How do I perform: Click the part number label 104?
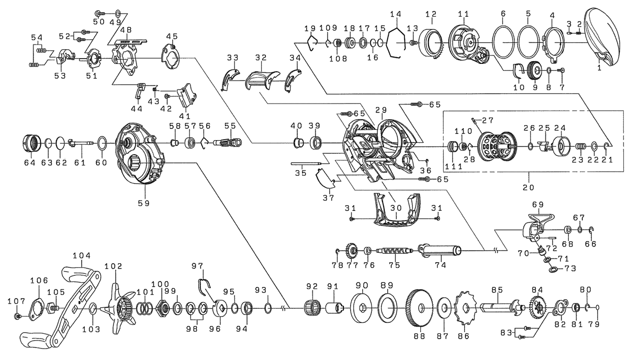pos(82,256)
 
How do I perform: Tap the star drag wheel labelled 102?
pos(119,309)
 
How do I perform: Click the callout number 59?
pos(144,203)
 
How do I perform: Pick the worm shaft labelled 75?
pos(395,251)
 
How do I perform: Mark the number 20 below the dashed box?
pos(529,187)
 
